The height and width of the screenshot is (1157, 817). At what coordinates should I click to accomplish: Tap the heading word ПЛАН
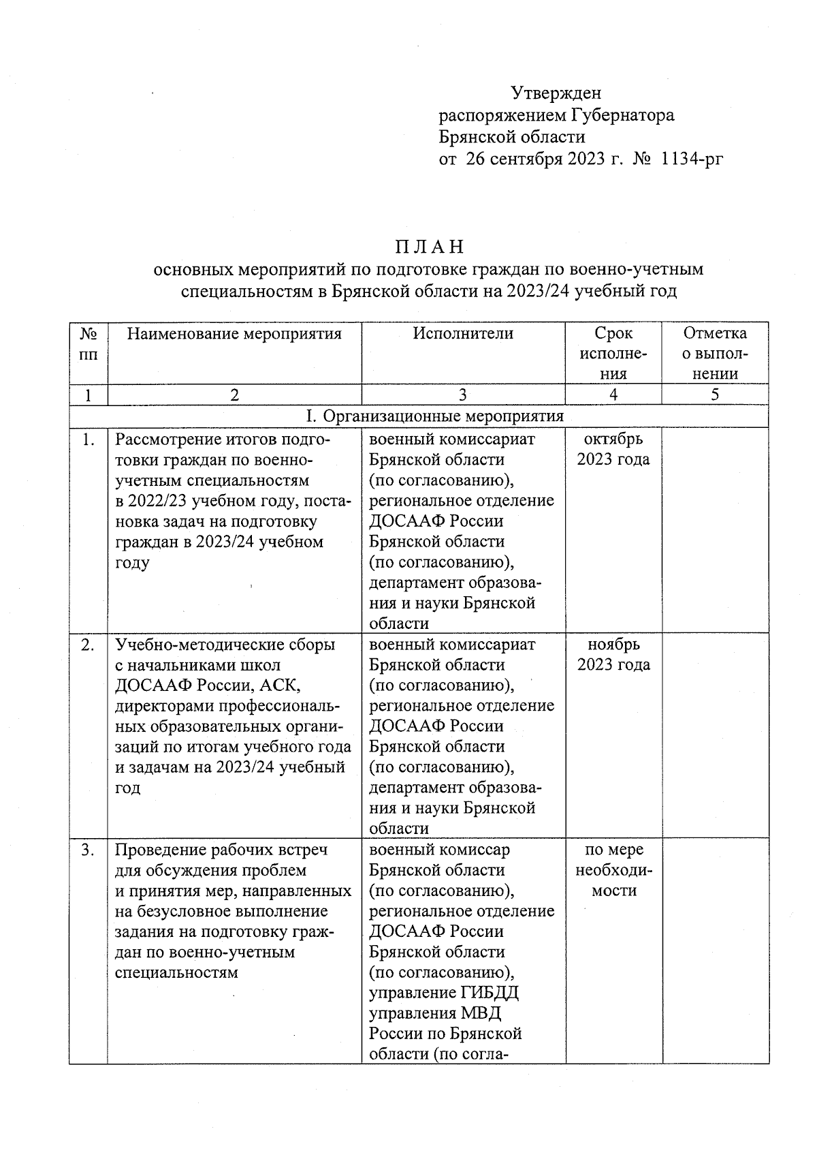[x=430, y=246]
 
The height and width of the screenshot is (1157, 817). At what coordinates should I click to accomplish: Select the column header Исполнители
[x=463, y=333]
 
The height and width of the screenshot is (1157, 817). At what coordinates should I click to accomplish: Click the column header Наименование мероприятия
[x=234, y=333]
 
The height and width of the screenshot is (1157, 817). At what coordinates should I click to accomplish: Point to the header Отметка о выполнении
[x=715, y=353]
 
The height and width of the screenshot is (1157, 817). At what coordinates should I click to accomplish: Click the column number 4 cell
[x=613, y=395]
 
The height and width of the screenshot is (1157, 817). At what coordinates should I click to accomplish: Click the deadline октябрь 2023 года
[x=613, y=449]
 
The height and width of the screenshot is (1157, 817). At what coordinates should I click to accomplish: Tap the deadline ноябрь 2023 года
[x=613, y=654]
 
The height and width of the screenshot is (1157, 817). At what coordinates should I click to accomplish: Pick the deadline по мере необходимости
[x=613, y=870]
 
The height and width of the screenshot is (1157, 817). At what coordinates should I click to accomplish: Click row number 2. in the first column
[x=88, y=645]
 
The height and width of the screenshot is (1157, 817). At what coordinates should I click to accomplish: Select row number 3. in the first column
[x=88, y=850]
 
